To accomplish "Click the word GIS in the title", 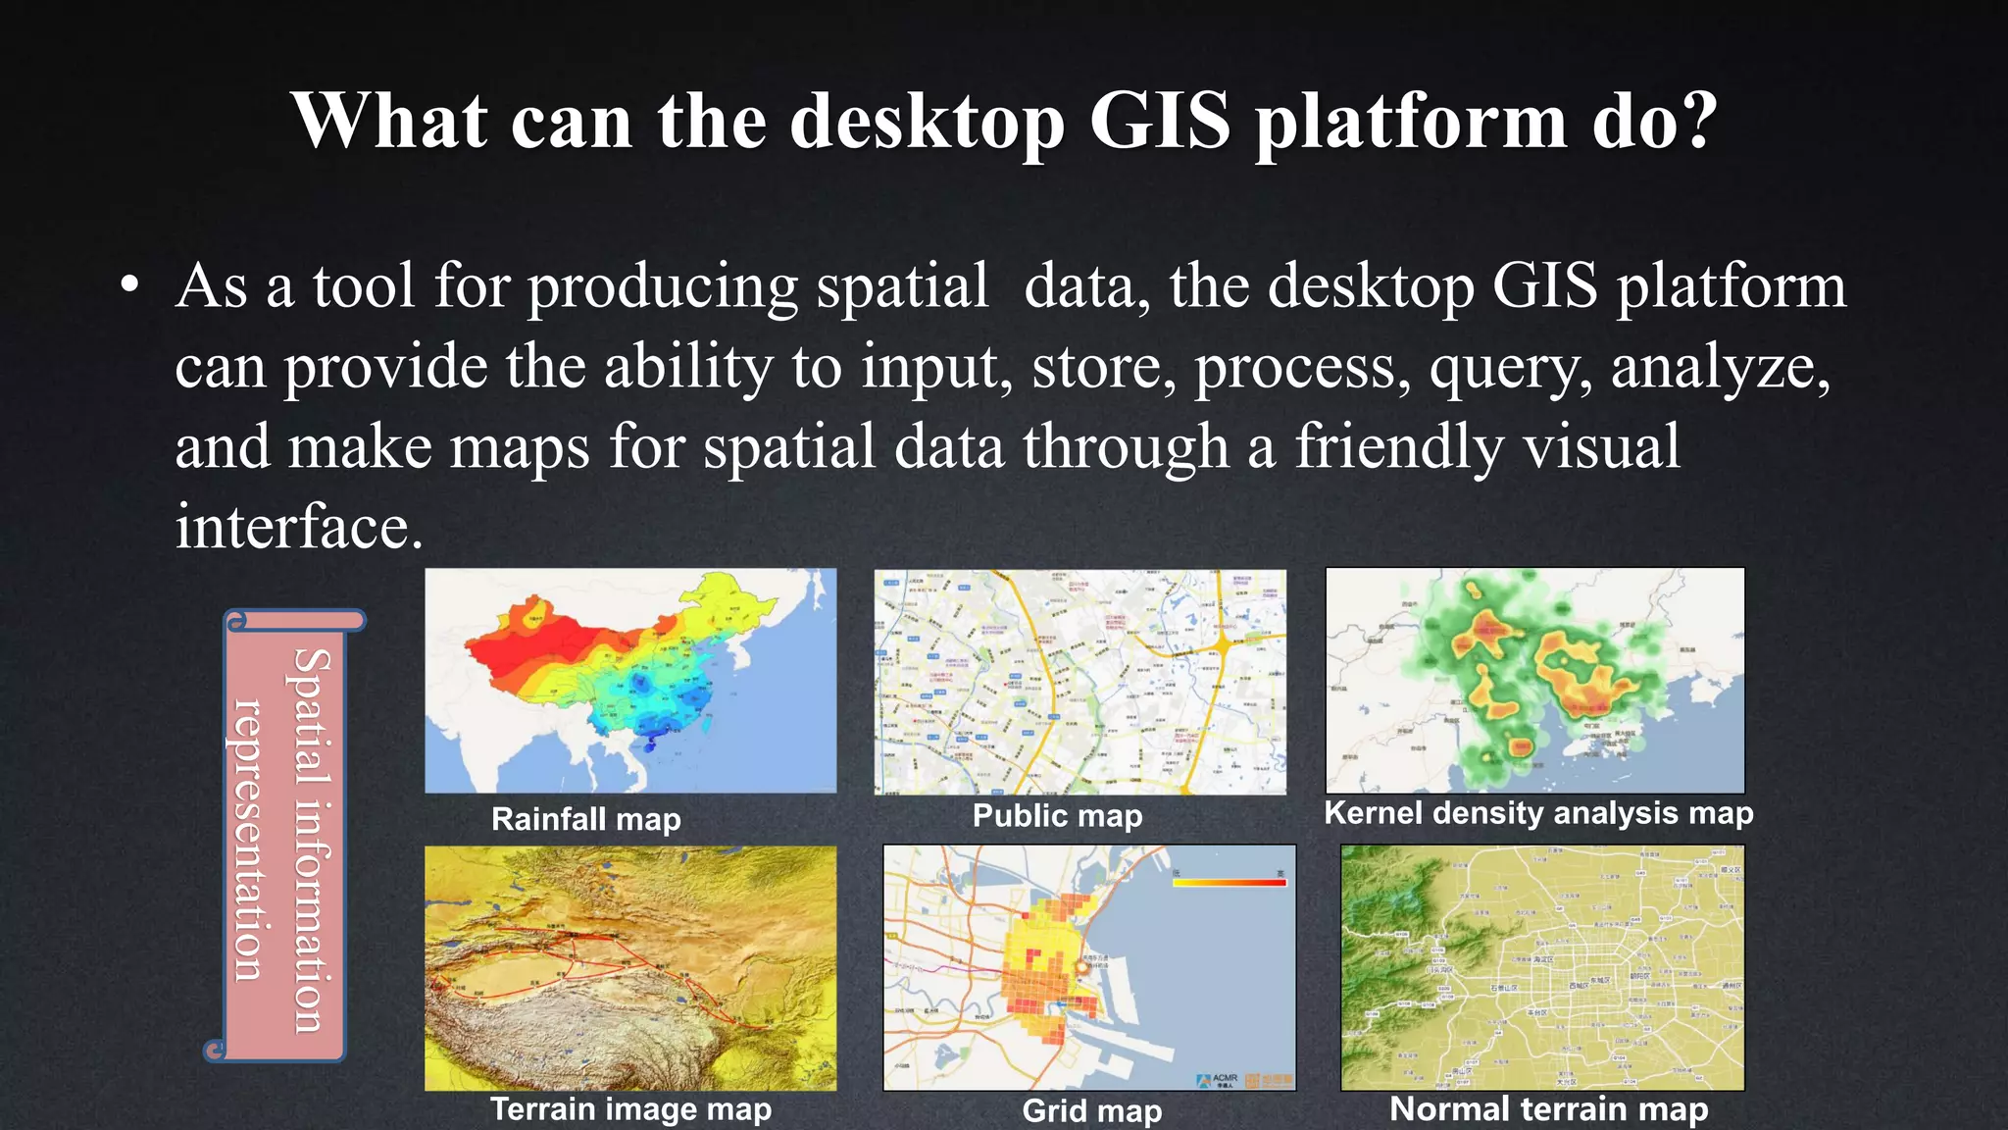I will (x=1159, y=122).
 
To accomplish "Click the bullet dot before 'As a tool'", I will (x=129, y=286).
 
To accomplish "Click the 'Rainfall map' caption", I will (x=585, y=819).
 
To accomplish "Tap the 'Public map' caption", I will (x=1057, y=816).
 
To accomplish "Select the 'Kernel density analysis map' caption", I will (x=1537, y=813).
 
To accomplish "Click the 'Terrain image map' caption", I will (x=630, y=1109).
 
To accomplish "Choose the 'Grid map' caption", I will (x=1091, y=1110).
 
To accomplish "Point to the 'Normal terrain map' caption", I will (x=1548, y=1109).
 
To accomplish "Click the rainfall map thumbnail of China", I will (x=630, y=681).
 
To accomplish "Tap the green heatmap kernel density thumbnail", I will (x=1534, y=681).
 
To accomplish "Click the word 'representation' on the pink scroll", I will (x=246, y=840).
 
